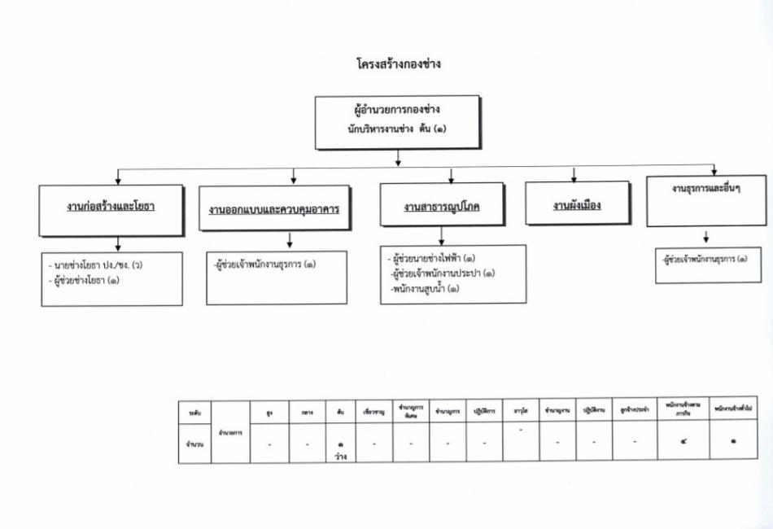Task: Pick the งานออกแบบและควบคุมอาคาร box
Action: [273, 209]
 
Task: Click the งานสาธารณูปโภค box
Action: [442, 207]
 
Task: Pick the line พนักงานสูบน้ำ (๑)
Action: [425, 288]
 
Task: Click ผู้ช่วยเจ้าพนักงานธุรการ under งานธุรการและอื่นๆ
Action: [705, 260]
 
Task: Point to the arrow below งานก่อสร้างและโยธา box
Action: [119, 243]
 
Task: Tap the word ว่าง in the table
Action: [341, 457]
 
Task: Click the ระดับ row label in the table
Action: [194, 413]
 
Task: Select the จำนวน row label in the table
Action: [194, 444]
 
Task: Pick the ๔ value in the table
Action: [682, 443]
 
